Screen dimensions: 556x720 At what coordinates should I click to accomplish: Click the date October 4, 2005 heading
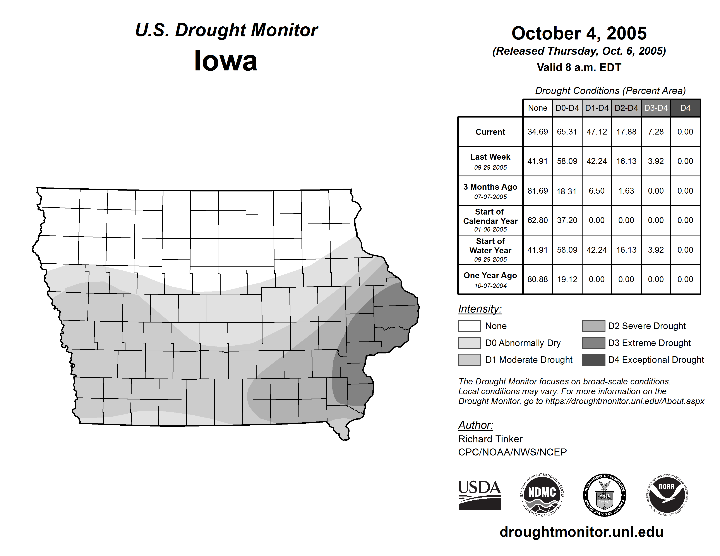click(x=579, y=33)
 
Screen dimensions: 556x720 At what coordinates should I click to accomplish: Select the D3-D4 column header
click(x=656, y=108)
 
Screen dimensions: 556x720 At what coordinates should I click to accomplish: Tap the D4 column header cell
click(x=685, y=108)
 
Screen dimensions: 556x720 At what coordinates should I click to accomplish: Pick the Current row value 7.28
click(x=656, y=132)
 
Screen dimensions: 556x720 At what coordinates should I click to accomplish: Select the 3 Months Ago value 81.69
click(x=537, y=191)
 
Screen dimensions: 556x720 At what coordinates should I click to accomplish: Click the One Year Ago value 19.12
click(x=567, y=279)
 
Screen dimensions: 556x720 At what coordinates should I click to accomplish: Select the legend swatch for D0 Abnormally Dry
click(x=469, y=343)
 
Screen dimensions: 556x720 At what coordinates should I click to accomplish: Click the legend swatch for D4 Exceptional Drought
click(x=593, y=360)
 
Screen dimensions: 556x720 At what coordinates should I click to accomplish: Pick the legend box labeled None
click(x=469, y=326)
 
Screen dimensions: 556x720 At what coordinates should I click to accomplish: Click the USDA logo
click(x=479, y=495)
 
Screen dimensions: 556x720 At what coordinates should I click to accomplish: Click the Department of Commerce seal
click(x=604, y=495)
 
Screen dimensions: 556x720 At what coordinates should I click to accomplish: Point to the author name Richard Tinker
click(x=490, y=439)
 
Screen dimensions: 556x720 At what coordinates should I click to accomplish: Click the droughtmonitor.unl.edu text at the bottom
click(x=581, y=532)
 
